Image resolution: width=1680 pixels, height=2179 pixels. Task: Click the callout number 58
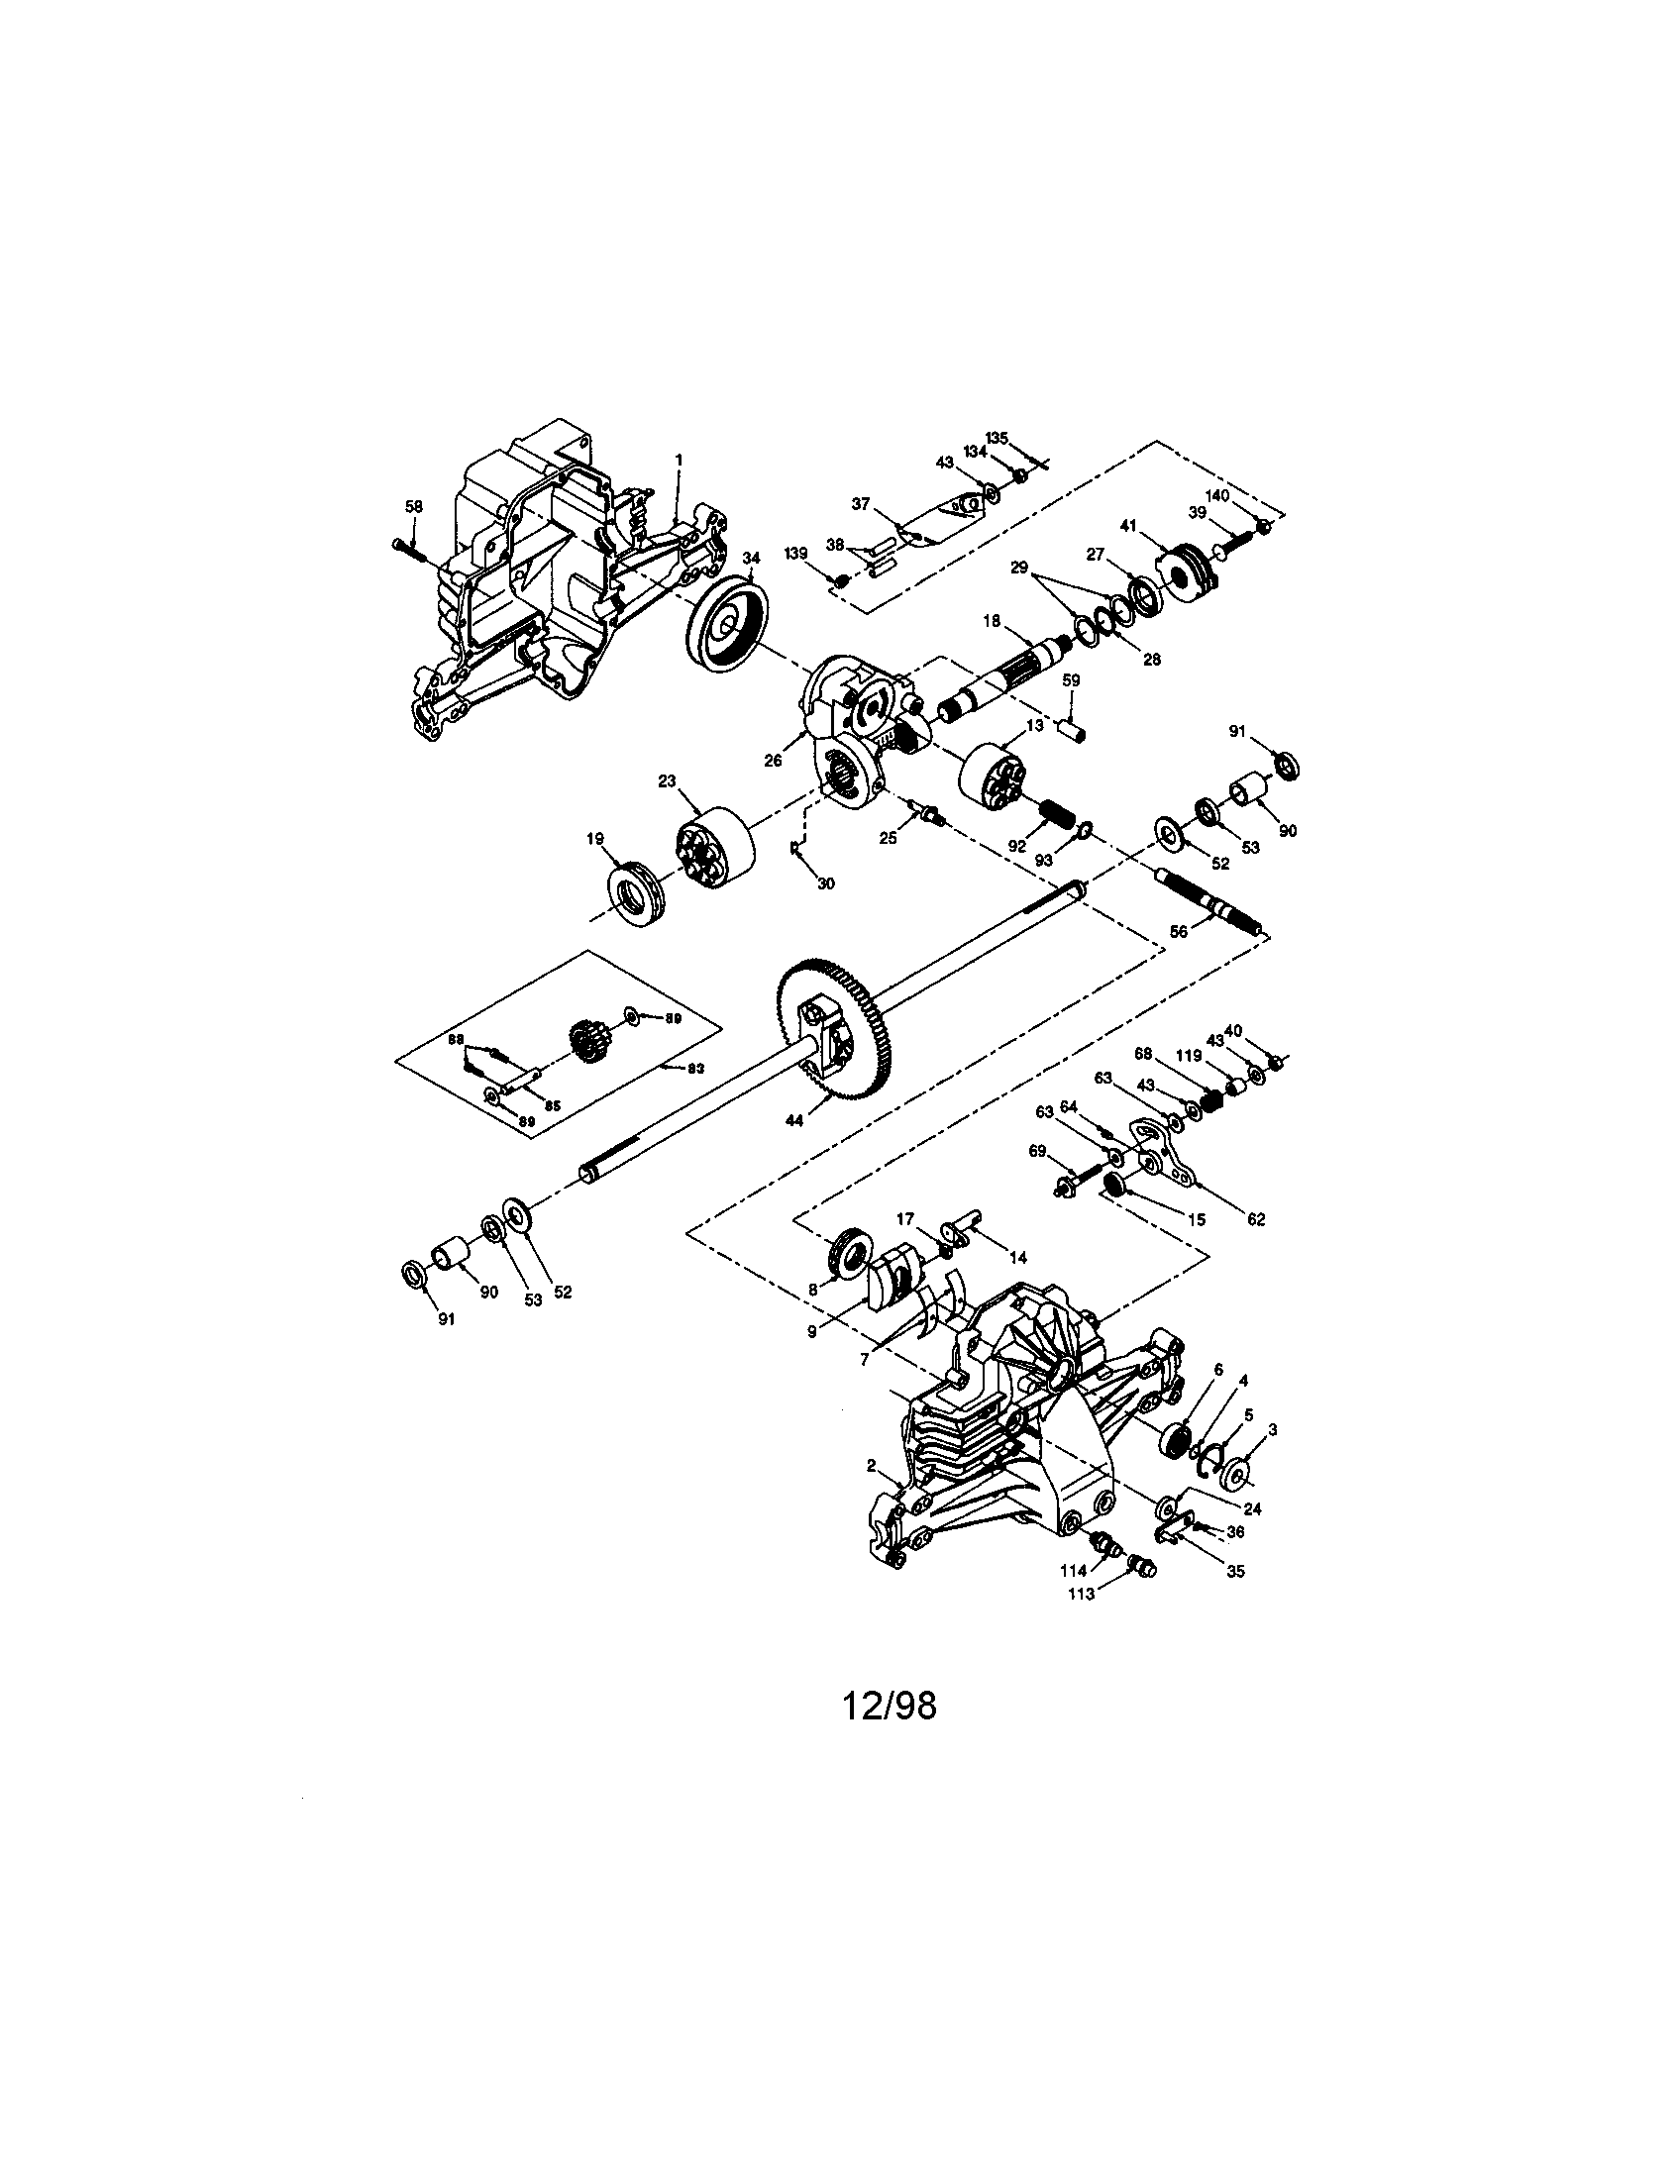(x=413, y=507)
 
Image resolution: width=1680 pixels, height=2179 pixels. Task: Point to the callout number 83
(x=694, y=1068)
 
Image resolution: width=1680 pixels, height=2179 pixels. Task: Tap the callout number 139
(x=795, y=553)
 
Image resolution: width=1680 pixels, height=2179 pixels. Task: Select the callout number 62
(x=1256, y=1219)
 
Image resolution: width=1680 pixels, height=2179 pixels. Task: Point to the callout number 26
(x=774, y=761)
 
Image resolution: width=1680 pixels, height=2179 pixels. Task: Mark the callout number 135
(x=997, y=437)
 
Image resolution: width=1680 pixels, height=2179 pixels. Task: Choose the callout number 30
(x=826, y=883)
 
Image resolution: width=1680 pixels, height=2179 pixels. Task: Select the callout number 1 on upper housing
(x=679, y=459)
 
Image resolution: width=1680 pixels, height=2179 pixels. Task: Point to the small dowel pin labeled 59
(x=1071, y=728)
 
